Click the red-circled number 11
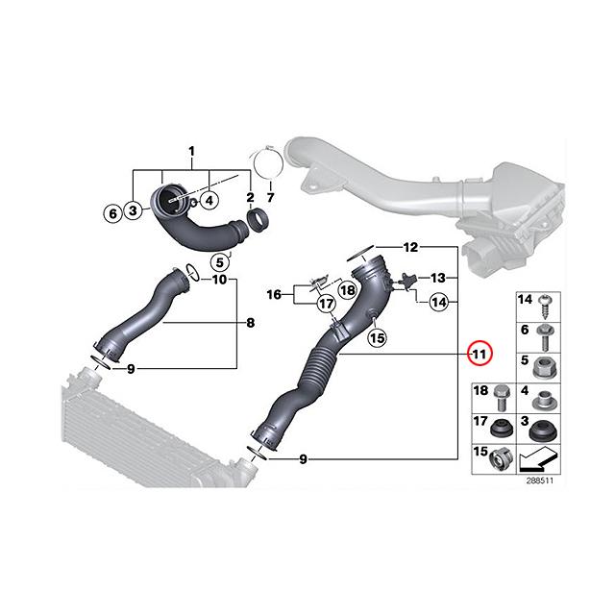[x=480, y=354]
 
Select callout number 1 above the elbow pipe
[x=190, y=152]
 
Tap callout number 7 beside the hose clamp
[x=271, y=199]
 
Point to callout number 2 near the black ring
[x=251, y=199]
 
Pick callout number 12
[x=410, y=247]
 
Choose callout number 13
[x=437, y=277]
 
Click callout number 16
[x=274, y=295]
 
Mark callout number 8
[x=250, y=323]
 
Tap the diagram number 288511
[x=538, y=480]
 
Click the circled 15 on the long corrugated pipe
[x=377, y=337]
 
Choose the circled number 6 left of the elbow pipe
[x=112, y=211]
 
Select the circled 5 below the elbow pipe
[x=221, y=260]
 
